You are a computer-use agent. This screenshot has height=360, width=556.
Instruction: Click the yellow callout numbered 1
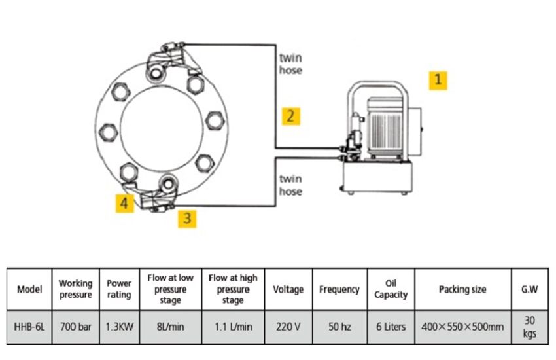[x=438, y=80]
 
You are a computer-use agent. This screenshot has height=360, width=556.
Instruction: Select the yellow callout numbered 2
[x=291, y=117]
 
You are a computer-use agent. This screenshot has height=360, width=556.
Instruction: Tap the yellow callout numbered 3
[x=188, y=218]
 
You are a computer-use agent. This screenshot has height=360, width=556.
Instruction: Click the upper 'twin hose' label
[x=291, y=63]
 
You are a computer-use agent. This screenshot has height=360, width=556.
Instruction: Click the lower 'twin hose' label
[x=291, y=185]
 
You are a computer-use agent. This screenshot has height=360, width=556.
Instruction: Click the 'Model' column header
[x=29, y=289]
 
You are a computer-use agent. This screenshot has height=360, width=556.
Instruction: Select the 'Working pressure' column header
[x=75, y=289]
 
